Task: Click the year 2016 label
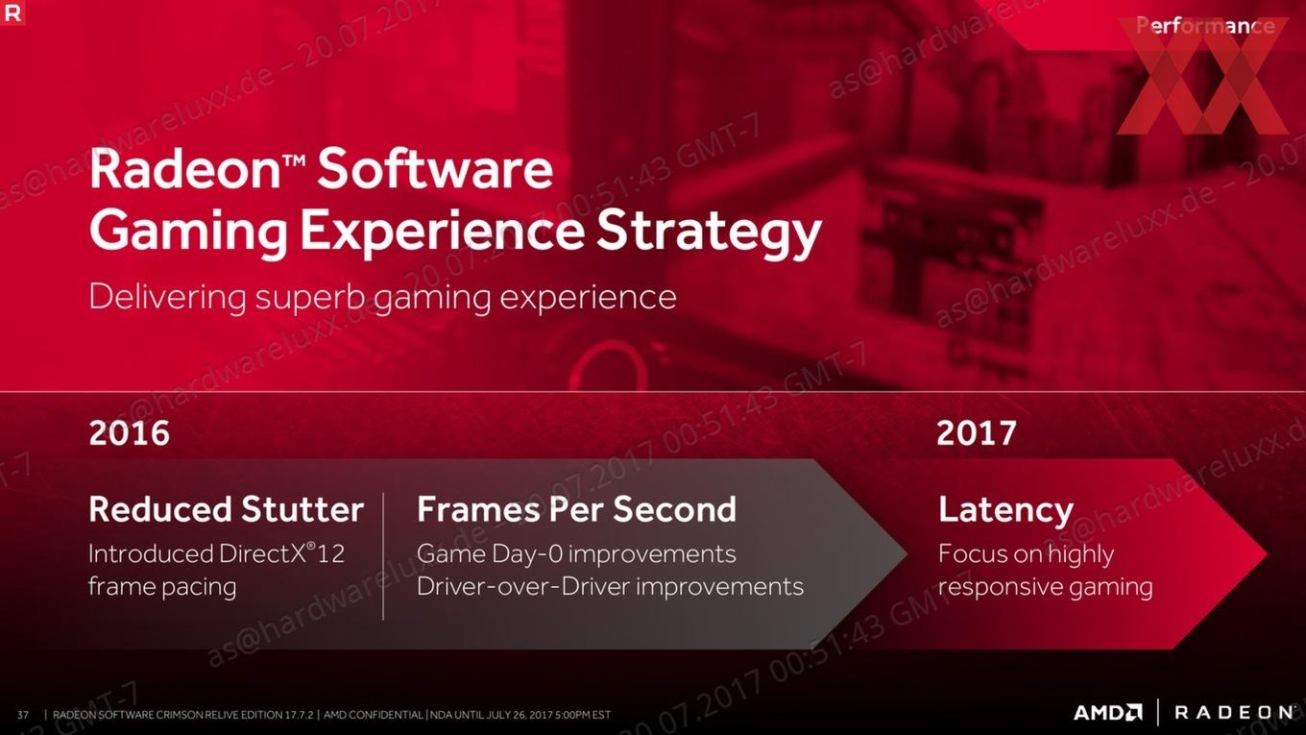point(130,432)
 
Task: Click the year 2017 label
point(977,432)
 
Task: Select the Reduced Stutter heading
point(227,508)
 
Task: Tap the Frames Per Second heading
point(576,508)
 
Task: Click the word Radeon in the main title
point(184,168)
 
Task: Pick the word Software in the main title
point(435,168)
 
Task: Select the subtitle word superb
point(310,298)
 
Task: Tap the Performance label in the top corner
point(1205,26)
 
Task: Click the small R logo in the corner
point(12,12)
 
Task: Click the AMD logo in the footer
point(1108,713)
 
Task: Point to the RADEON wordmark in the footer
point(1234,713)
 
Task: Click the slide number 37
point(23,715)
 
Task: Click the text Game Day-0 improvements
point(576,554)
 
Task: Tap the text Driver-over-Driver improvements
point(611,587)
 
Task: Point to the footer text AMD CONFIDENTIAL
point(374,715)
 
